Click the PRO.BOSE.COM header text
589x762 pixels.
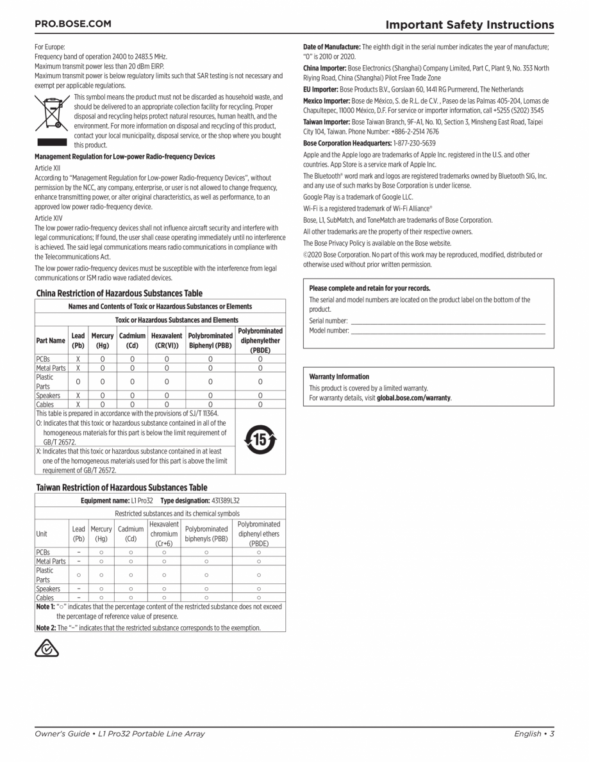point(72,24)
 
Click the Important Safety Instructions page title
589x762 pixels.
point(469,25)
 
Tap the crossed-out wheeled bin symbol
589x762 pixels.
point(51,113)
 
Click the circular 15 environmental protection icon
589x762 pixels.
point(260,441)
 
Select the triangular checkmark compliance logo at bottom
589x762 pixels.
point(47,648)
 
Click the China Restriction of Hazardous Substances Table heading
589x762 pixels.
point(119,293)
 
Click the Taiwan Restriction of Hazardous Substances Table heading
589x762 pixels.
point(122,487)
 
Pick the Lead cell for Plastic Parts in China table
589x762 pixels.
point(78,382)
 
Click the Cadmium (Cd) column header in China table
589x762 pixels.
point(133,340)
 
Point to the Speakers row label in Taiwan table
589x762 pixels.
point(48,588)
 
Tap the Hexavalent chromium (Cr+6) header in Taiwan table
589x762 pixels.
point(163,533)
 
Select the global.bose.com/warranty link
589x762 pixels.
point(413,398)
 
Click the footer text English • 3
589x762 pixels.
point(533,734)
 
